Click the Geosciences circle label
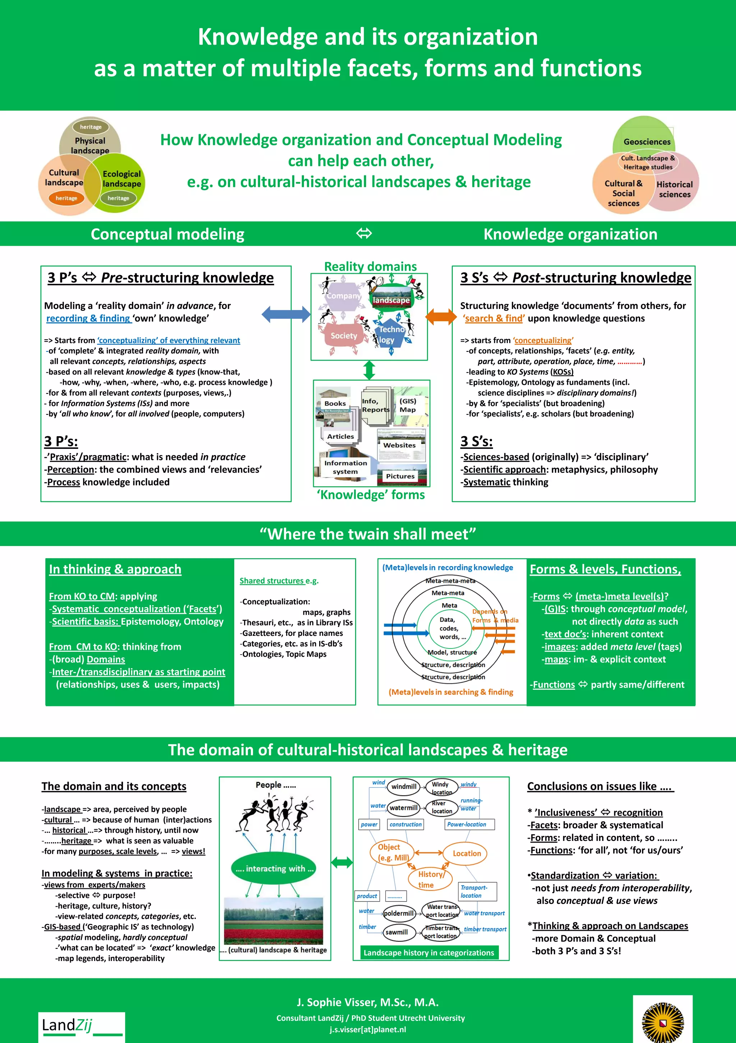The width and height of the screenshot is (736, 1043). [x=647, y=142]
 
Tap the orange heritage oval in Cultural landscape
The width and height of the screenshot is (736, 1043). [x=66, y=198]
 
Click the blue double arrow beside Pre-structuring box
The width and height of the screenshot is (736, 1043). [x=286, y=314]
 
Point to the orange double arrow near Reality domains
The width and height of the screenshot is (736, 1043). [x=441, y=316]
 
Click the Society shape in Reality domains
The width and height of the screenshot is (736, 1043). [x=344, y=336]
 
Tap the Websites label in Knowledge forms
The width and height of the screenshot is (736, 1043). [x=399, y=445]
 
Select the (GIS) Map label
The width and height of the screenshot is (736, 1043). [x=408, y=405]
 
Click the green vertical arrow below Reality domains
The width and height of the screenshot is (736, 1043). [x=369, y=370]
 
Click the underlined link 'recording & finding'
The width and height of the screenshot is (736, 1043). [x=88, y=318]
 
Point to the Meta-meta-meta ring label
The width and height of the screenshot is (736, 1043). [x=450, y=580]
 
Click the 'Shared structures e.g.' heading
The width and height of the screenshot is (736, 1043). [x=279, y=580]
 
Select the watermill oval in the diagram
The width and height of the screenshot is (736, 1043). [x=403, y=808]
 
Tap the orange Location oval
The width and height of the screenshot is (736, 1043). [x=466, y=853]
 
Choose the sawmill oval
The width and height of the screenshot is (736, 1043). [x=396, y=932]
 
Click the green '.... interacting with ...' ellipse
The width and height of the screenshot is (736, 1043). [x=275, y=869]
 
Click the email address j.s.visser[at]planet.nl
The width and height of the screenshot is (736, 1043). [x=368, y=1029]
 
